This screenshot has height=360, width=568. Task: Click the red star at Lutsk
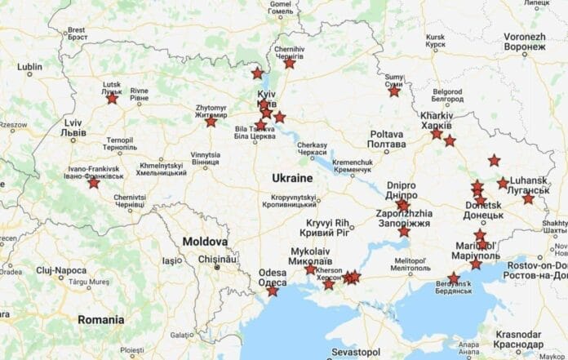coord(112,99)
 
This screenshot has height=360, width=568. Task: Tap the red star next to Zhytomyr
coord(211,122)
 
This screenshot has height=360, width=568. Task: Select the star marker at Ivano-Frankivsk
coord(94,183)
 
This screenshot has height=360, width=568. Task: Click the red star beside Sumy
coord(394,91)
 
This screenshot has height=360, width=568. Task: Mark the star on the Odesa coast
coord(272,291)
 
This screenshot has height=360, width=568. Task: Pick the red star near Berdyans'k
coord(455,278)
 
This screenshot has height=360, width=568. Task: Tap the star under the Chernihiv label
coord(289,63)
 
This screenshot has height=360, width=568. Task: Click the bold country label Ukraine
coord(291,177)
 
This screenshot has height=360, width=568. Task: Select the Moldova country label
coord(205,242)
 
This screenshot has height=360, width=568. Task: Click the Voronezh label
coord(525,42)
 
